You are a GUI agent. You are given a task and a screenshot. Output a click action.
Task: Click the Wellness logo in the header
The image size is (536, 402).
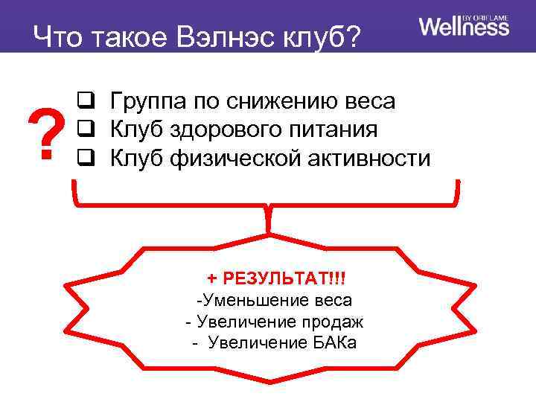point(464,27)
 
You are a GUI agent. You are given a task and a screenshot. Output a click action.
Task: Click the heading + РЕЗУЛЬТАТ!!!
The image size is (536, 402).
point(276,278)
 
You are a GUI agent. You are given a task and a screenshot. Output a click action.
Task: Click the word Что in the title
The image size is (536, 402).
point(58,36)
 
